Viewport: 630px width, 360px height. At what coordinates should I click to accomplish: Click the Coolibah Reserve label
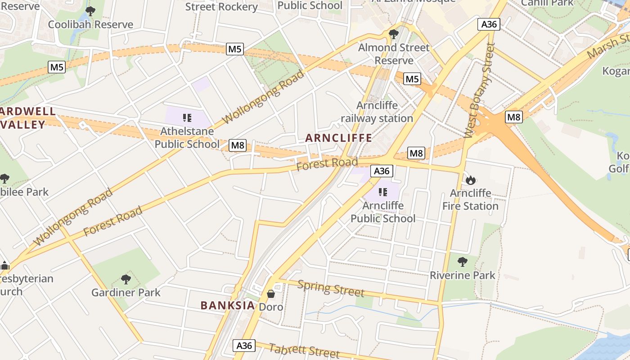90,24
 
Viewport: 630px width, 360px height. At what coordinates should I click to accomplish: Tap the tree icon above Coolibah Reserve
90,11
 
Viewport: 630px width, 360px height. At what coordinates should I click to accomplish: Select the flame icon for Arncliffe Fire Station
471,180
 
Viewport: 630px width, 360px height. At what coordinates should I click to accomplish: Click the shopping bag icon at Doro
271,294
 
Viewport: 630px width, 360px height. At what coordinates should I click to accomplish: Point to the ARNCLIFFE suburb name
338,138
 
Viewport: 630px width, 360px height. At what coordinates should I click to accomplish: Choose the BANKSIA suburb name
228,306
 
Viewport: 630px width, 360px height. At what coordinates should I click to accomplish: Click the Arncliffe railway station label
377,112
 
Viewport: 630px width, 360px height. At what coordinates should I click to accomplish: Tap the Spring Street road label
331,289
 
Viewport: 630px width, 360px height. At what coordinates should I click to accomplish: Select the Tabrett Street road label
304,351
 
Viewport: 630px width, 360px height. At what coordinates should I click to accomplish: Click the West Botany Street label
479,90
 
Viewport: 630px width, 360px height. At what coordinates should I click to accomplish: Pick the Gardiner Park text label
126,292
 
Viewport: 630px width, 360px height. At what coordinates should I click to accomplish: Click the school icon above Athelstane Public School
187,118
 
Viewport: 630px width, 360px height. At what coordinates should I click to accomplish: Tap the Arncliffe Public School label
383,212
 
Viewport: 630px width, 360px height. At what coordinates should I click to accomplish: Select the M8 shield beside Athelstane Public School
238,145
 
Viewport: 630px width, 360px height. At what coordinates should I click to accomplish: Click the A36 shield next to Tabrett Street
244,345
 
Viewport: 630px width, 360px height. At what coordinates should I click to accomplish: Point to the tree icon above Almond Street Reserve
394,34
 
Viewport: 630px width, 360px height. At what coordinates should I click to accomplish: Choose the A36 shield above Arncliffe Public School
382,171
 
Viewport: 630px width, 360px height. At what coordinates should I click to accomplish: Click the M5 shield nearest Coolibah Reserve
57,67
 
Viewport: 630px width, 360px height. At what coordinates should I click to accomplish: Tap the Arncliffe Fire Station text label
470,199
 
